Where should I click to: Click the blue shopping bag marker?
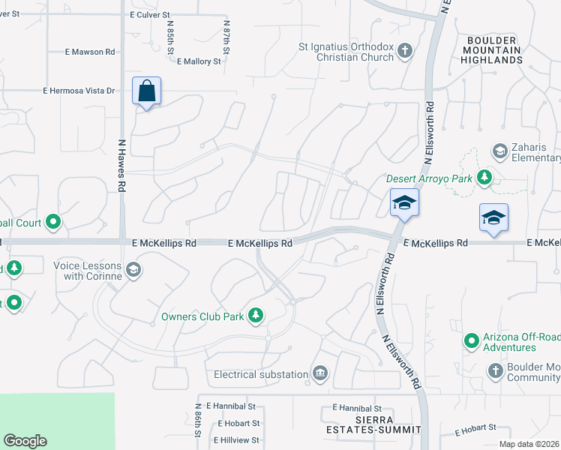(147, 91)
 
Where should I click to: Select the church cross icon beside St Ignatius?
(405, 51)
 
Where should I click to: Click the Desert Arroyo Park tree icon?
(485, 178)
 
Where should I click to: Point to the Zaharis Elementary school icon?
(499, 151)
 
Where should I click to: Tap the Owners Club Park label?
(202, 316)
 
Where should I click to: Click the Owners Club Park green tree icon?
(256, 316)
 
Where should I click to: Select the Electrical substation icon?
(320, 374)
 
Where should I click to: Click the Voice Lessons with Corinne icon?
(133, 270)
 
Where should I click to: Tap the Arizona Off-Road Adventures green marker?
(472, 342)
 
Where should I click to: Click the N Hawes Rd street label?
(121, 164)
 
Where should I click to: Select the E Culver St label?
(150, 14)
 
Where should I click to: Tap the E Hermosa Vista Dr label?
(79, 91)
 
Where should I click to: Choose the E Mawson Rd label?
(89, 52)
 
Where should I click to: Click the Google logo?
(25, 441)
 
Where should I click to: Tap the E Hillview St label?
(235, 440)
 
